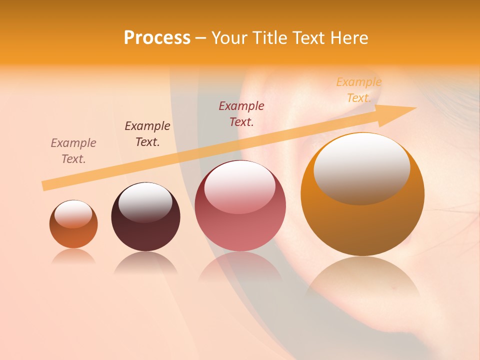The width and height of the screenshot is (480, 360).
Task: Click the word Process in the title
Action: (157, 38)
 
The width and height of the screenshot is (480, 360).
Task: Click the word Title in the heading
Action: (269, 38)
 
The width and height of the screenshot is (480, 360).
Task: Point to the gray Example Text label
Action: (73, 151)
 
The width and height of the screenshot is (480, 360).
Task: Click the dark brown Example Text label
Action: (147, 134)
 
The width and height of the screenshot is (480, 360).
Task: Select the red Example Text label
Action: (241, 113)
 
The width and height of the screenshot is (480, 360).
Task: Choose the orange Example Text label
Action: (359, 90)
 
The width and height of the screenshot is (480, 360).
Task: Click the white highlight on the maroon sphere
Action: (145, 201)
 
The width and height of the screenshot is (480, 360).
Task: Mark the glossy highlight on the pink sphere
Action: (239, 186)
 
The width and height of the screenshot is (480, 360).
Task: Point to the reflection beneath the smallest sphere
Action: (73, 257)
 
